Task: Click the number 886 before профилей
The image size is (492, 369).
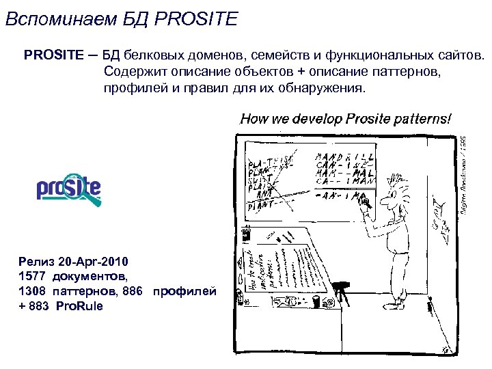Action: coord(131,292)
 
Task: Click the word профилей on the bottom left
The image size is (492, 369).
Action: coord(184,292)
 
